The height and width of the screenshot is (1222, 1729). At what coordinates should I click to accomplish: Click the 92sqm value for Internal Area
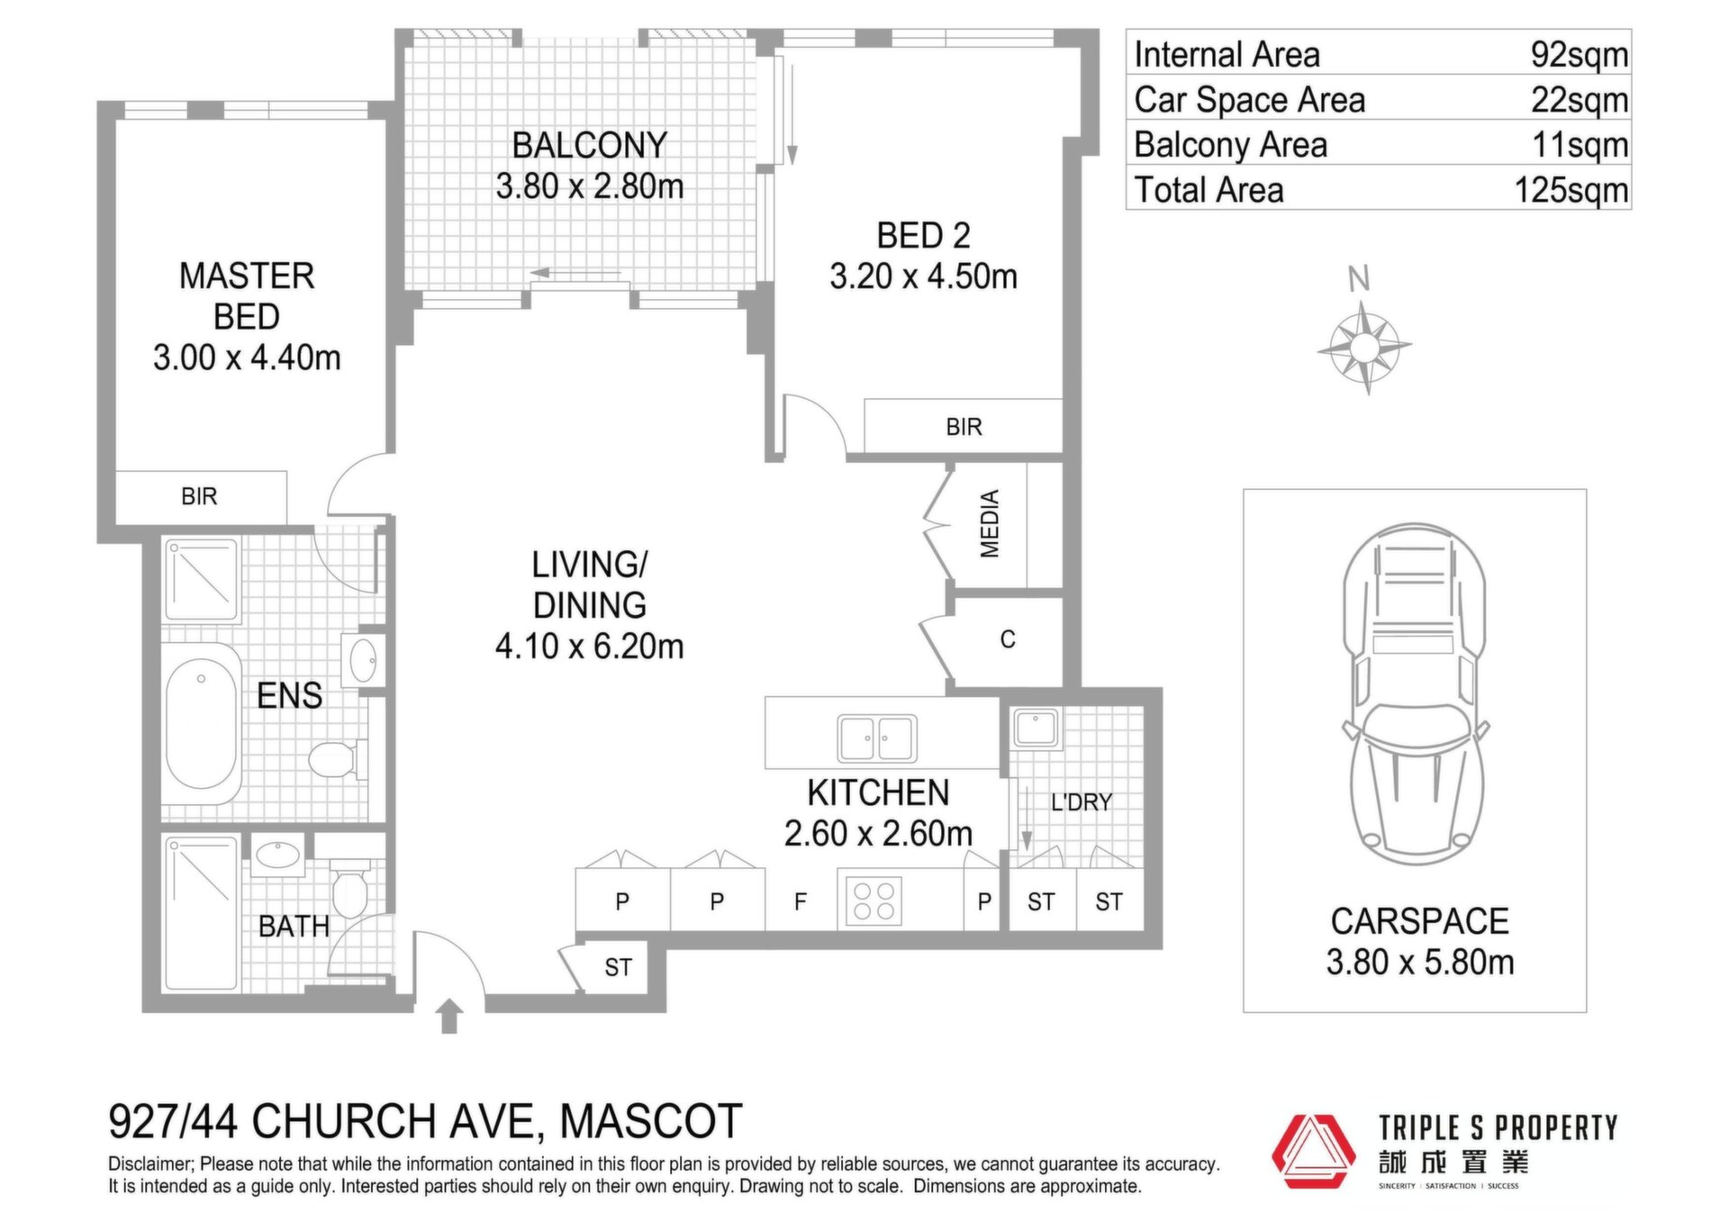pyautogui.click(x=1579, y=55)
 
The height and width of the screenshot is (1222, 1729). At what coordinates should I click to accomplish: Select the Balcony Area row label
pyautogui.click(x=1230, y=145)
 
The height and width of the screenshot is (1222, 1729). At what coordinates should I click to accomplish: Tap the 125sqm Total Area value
pyautogui.click(x=1571, y=190)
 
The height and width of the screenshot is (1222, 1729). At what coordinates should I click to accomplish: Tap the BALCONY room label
pyautogui.click(x=589, y=145)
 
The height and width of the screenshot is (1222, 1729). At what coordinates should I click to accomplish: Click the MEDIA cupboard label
pyautogui.click(x=990, y=524)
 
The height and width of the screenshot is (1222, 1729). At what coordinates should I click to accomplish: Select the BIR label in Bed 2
pyautogui.click(x=964, y=427)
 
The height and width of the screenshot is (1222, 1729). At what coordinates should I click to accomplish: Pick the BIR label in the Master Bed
pyautogui.click(x=199, y=496)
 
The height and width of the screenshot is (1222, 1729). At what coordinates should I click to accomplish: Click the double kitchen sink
pyautogui.click(x=877, y=738)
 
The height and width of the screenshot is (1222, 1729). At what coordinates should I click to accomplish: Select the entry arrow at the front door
pyautogui.click(x=450, y=1016)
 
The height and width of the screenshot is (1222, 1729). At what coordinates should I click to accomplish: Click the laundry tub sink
pyautogui.click(x=1036, y=728)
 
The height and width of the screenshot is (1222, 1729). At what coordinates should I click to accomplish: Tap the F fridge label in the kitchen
pyautogui.click(x=800, y=901)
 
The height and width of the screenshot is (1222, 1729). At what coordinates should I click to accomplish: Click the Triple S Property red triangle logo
pyautogui.click(x=1314, y=1152)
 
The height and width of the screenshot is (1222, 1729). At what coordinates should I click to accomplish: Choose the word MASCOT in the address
pyautogui.click(x=651, y=1122)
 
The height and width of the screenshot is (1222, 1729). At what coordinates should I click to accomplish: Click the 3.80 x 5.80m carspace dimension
pyautogui.click(x=1420, y=963)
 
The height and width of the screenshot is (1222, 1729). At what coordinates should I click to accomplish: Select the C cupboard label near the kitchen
pyautogui.click(x=1008, y=639)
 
